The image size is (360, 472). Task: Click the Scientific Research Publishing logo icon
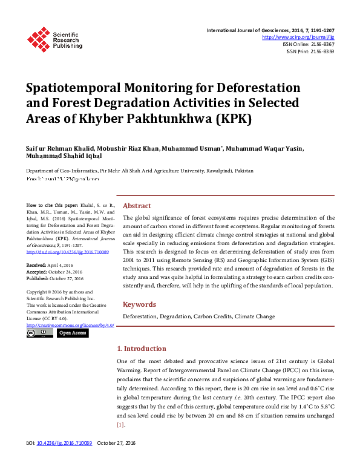38,39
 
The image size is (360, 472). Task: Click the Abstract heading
137,206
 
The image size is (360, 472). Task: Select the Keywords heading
140,304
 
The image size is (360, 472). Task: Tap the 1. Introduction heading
142,349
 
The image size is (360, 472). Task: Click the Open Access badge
73,333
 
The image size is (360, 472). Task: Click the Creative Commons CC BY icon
40,333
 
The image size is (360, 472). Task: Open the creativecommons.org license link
70,325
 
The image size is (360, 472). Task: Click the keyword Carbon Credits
213,316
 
